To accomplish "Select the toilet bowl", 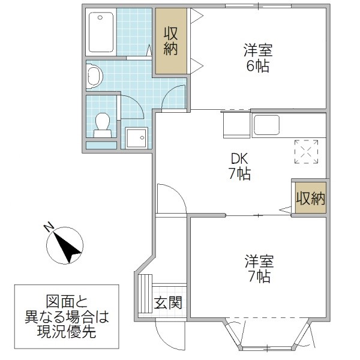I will (x=103, y=124).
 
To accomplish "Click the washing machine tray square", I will (x=136, y=137).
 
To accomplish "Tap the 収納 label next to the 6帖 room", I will (x=171, y=40).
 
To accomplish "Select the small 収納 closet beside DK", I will (x=310, y=198).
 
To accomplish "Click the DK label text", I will (x=240, y=160).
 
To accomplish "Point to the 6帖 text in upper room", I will (x=257, y=65).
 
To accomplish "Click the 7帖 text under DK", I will (x=240, y=175).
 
